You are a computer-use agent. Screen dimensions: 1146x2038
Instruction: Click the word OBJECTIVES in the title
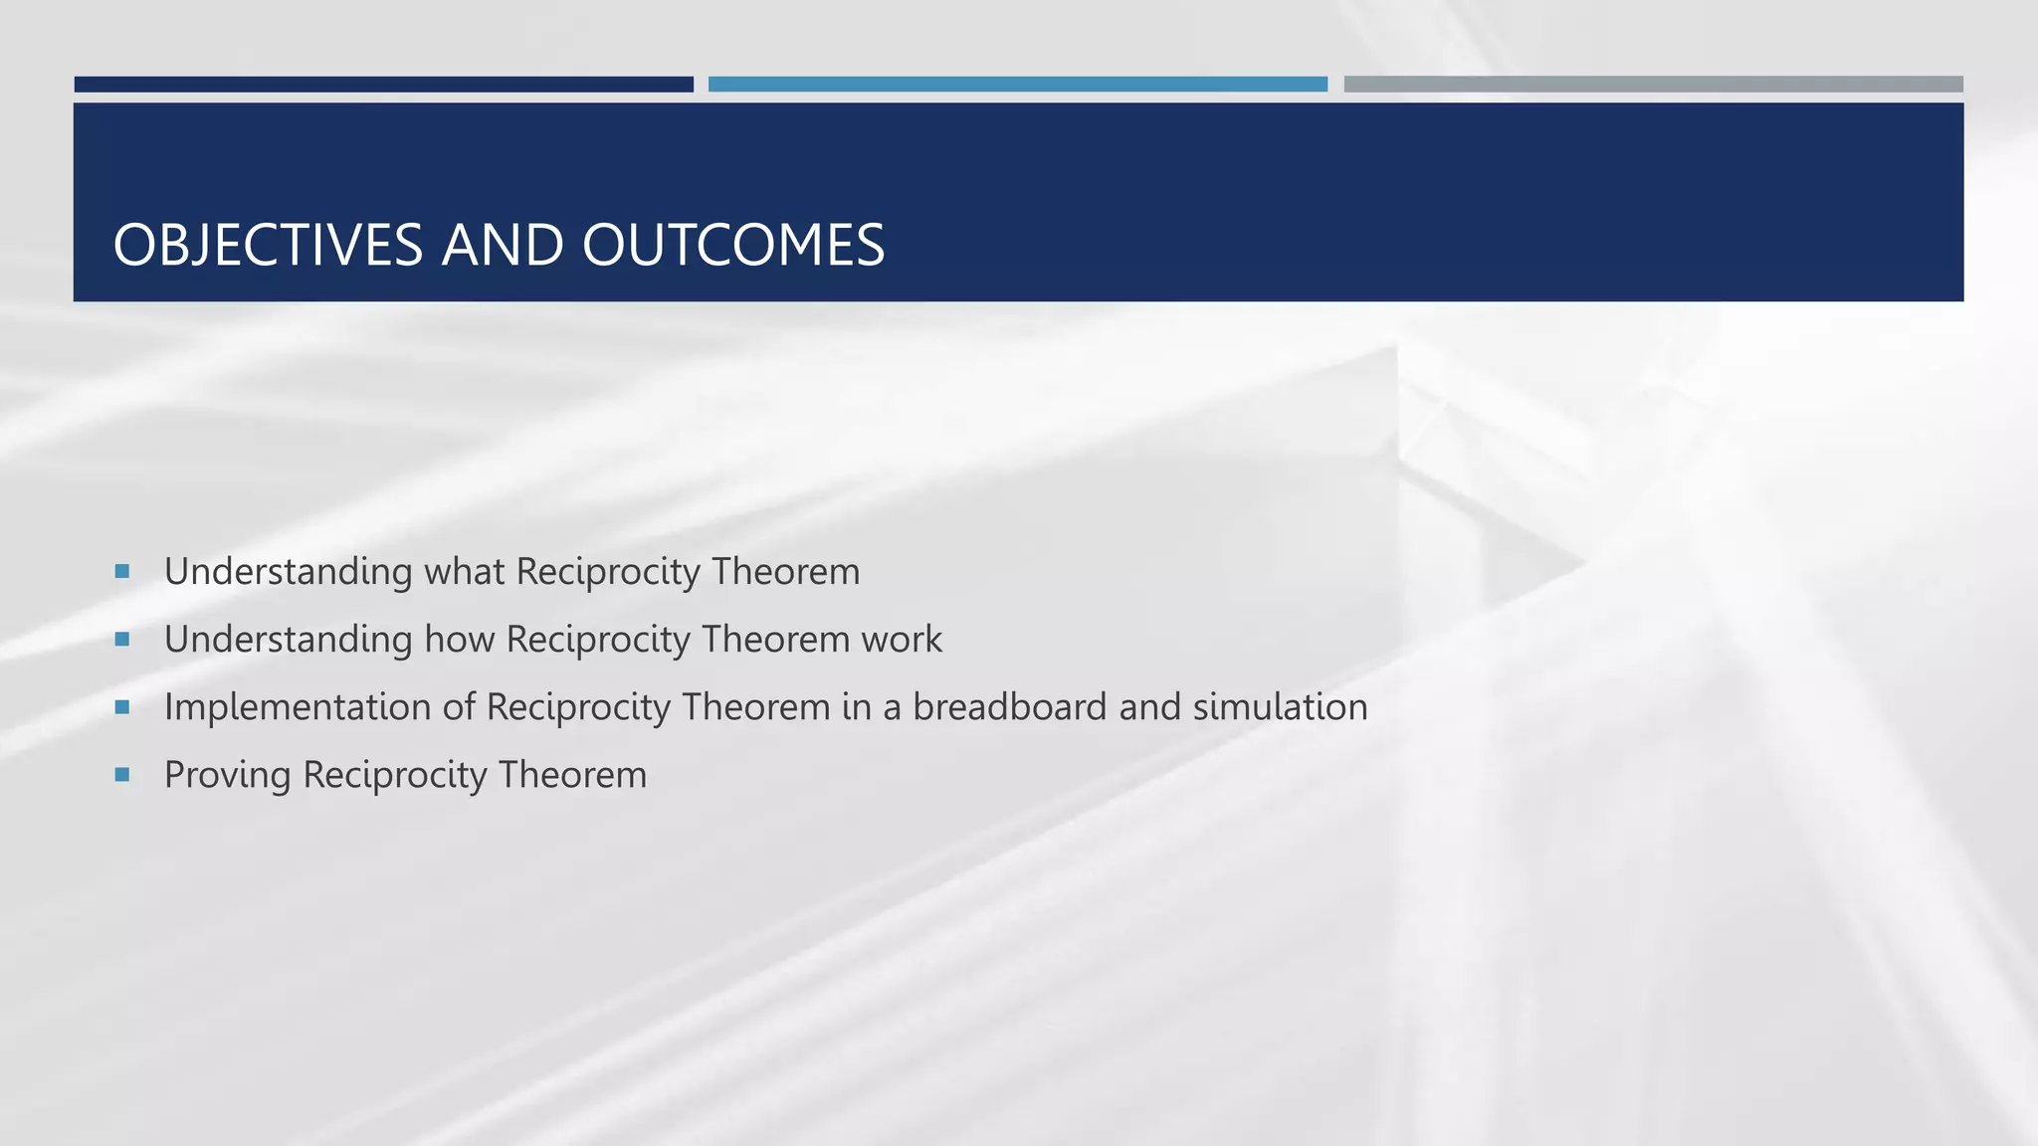coord(268,245)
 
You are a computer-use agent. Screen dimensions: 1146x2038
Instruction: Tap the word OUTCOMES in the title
coord(733,245)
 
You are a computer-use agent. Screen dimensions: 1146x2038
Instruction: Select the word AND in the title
coord(503,245)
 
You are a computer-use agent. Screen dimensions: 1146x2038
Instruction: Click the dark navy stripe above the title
coord(383,85)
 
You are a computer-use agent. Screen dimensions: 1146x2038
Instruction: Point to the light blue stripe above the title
coord(1017,85)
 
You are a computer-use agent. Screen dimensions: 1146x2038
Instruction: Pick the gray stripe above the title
coord(1653,85)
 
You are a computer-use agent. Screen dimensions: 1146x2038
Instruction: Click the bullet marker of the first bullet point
coord(122,571)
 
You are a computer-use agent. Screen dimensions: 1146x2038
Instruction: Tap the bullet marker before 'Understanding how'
coord(122,639)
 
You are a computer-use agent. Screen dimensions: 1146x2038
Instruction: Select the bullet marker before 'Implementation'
coord(122,707)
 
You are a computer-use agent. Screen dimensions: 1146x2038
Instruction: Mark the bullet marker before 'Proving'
coord(122,774)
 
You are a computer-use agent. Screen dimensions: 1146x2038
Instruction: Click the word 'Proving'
coord(227,776)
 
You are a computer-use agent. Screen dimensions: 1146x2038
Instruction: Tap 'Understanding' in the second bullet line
coord(288,640)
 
